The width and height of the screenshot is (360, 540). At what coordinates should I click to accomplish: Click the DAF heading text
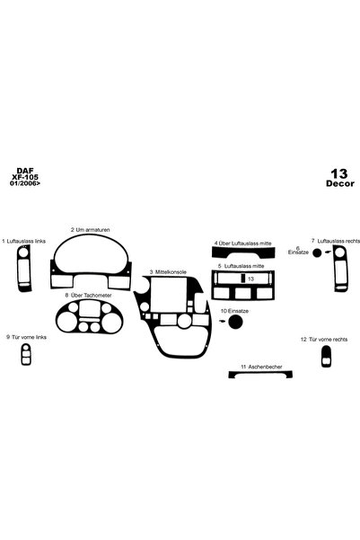(x=25, y=171)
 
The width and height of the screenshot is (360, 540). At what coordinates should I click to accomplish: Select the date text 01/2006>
(x=25, y=183)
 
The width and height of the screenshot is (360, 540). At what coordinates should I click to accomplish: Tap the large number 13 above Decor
(x=339, y=173)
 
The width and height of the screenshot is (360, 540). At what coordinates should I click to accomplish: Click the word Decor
(x=340, y=183)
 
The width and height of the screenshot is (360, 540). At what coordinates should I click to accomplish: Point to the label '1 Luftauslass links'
(x=23, y=241)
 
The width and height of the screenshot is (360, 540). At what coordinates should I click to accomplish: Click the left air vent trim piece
(x=23, y=269)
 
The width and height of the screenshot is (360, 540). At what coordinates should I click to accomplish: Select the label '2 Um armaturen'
(x=91, y=230)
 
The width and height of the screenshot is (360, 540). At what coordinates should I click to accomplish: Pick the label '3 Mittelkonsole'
(x=168, y=272)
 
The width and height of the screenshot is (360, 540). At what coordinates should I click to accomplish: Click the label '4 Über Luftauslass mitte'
(x=243, y=243)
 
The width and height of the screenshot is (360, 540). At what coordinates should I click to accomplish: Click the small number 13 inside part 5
(x=250, y=279)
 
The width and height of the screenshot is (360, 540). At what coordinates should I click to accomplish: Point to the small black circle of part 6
(x=317, y=253)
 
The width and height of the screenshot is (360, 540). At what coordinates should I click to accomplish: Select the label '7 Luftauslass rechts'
(x=336, y=241)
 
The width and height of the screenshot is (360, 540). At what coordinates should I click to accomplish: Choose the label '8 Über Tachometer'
(x=88, y=296)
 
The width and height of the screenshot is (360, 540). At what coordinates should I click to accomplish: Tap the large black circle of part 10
(x=235, y=322)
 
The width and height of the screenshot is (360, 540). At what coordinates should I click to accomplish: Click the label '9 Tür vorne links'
(x=26, y=337)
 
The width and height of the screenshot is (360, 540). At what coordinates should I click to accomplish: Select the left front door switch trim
(x=26, y=354)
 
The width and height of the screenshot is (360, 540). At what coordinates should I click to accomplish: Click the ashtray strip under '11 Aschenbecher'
(x=260, y=374)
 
